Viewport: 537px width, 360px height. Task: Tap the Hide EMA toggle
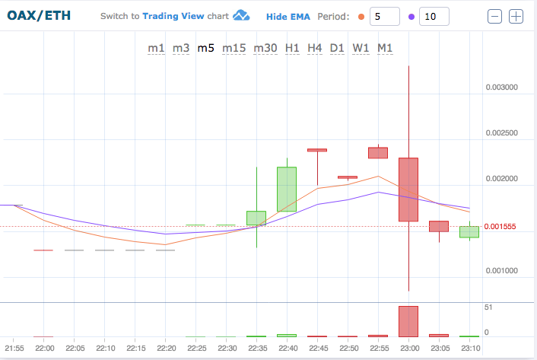pyautogui.click(x=288, y=16)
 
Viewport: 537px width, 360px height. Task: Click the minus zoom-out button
pyautogui.click(x=495, y=16)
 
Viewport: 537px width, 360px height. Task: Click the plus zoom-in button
pyautogui.click(x=516, y=16)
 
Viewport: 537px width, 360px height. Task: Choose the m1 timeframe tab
pyautogui.click(x=156, y=48)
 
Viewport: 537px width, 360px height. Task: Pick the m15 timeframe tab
pyautogui.click(x=234, y=48)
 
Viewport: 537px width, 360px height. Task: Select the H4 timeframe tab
pyautogui.click(x=315, y=48)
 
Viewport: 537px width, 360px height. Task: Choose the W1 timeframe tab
pyautogui.click(x=361, y=48)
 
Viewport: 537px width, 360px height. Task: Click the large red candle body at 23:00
pyautogui.click(x=408, y=190)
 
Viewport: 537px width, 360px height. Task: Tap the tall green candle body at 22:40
pyautogui.click(x=286, y=190)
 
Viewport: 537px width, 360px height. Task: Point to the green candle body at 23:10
pyautogui.click(x=469, y=232)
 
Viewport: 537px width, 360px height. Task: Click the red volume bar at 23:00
pyautogui.click(x=408, y=321)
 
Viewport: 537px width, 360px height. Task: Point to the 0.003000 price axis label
pyautogui.click(x=502, y=88)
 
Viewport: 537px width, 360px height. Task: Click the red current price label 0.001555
pyautogui.click(x=502, y=227)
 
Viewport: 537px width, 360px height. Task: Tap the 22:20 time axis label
pyautogui.click(x=166, y=348)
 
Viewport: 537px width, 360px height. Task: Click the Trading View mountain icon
pyautogui.click(x=242, y=16)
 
